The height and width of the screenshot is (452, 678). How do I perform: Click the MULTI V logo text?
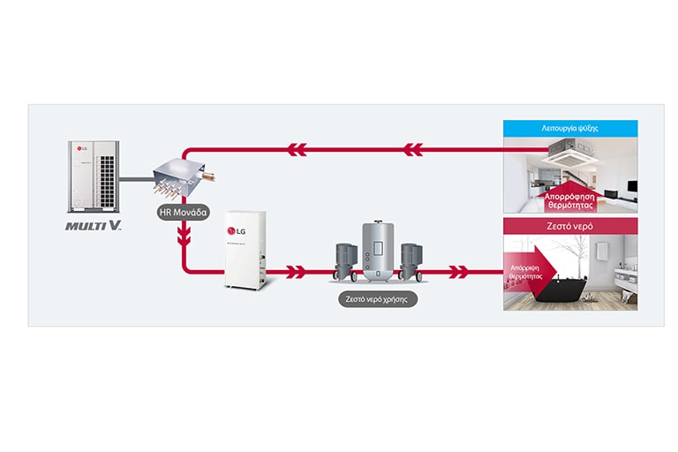tap(93, 226)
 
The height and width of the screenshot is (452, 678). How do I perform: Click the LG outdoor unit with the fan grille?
tap(92, 177)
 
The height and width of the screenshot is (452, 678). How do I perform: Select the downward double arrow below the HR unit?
tap(184, 237)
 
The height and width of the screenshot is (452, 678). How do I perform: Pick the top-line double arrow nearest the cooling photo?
tap(414, 147)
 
